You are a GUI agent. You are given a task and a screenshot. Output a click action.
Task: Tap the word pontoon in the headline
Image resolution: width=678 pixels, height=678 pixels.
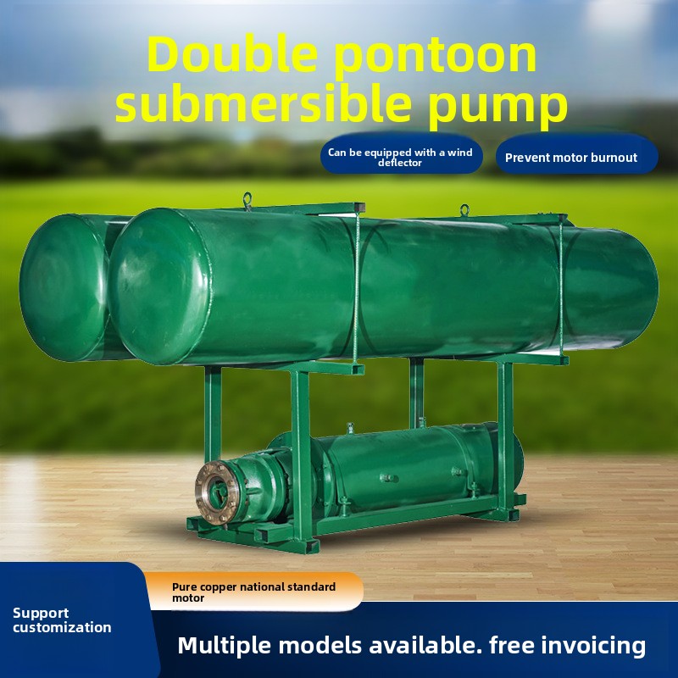436,58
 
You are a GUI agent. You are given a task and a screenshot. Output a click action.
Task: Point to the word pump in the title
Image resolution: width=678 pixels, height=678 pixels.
497,109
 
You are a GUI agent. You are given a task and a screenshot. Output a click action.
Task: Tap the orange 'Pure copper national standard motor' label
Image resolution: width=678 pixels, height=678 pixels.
254,592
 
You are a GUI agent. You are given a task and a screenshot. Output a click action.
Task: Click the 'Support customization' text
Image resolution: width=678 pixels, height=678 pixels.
62,620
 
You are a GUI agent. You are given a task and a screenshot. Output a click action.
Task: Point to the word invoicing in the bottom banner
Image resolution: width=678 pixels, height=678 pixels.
593,646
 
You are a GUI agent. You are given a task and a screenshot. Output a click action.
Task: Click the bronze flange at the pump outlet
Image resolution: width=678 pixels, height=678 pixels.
216,492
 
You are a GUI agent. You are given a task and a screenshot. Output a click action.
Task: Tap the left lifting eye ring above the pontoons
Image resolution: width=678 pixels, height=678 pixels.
247,200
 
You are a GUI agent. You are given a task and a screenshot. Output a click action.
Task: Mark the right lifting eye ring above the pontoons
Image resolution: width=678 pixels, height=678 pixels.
464,210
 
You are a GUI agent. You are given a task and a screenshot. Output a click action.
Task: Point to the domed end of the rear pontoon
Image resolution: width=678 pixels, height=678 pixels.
64,287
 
